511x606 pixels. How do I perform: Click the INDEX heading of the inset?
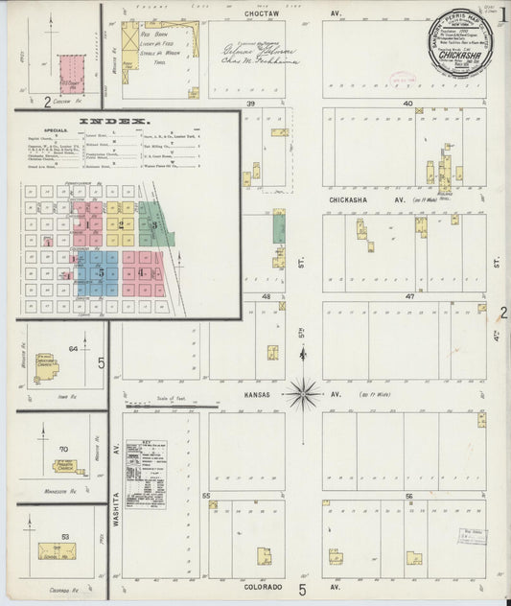114,121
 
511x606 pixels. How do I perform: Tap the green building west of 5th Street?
279,227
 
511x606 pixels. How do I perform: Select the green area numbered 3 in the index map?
153,222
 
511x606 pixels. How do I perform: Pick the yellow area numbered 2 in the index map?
123,222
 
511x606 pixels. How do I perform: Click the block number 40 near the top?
408,103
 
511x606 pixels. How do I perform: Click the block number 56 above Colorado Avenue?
408,496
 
